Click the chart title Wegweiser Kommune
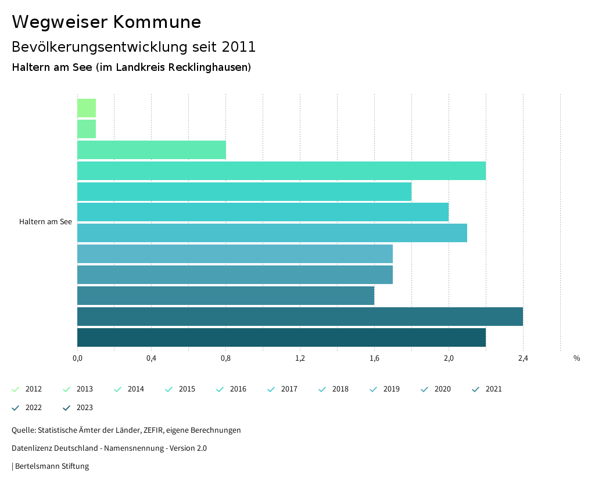pyautogui.click(x=106, y=22)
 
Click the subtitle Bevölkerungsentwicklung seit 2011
pyautogui.click(x=134, y=46)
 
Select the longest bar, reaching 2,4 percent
pyautogui.click(x=300, y=317)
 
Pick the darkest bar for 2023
pyautogui.click(x=281, y=337)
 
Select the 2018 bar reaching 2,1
pyautogui.click(x=272, y=233)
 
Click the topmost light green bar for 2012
pyautogui.click(x=87, y=108)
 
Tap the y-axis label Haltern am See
pyautogui.click(x=45, y=222)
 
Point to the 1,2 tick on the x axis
pyautogui.click(x=300, y=358)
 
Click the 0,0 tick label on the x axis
pyautogui.click(x=77, y=358)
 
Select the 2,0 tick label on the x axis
pyautogui.click(x=449, y=358)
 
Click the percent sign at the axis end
pyautogui.click(x=576, y=358)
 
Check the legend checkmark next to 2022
pyautogui.click(x=16, y=408)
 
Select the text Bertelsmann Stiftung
pyautogui.click(x=52, y=466)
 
